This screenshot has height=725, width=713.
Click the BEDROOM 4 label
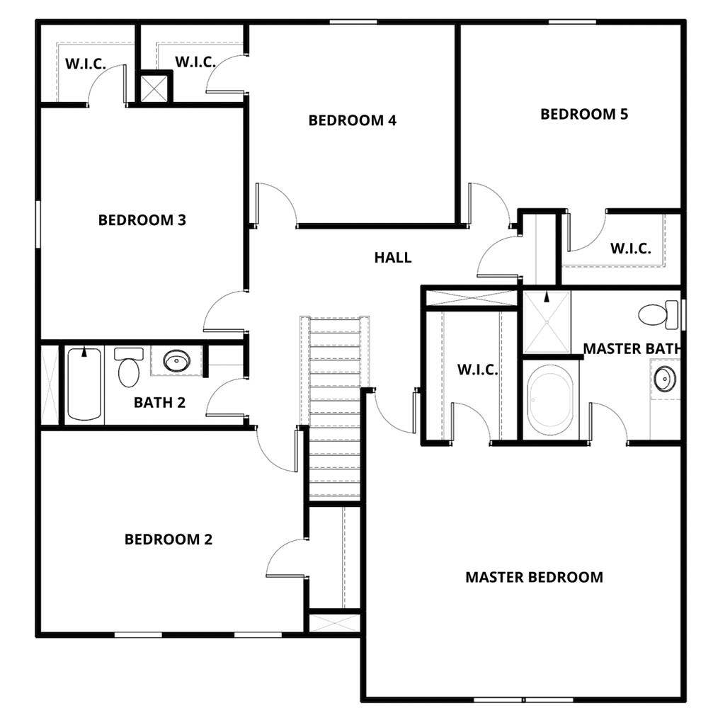352,120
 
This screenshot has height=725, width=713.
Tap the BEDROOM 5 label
584,114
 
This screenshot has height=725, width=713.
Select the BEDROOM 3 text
142,220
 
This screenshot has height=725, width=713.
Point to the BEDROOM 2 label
169,540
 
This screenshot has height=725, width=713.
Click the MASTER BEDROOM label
534,577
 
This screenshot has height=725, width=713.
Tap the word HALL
393,258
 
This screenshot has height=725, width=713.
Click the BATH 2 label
159,403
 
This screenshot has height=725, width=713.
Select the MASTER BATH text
632,348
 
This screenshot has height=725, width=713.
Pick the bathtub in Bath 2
85,386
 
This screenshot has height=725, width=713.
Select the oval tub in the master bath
550,401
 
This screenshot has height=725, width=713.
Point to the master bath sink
665,379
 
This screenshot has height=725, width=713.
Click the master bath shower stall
546,322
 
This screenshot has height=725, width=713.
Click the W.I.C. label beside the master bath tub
477,370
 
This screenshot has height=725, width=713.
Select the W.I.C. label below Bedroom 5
631,249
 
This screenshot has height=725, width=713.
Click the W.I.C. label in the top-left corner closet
86,64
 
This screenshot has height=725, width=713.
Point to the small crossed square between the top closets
155,88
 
